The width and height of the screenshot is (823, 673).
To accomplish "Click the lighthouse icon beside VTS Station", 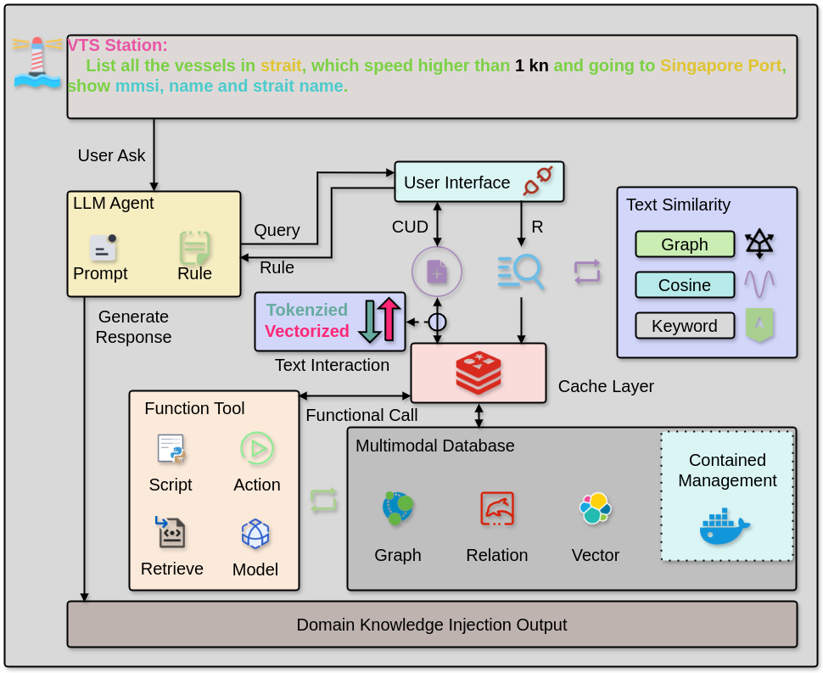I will (x=37, y=63).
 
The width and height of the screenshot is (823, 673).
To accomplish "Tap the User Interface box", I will (x=479, y=182).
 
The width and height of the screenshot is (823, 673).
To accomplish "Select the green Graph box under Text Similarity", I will (x=685, y=244).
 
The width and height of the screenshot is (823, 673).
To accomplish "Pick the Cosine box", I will (x=685, y=285).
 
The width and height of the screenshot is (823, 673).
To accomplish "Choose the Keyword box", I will (x=685, y=326).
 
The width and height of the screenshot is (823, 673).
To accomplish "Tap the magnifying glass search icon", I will (x=521, y=272).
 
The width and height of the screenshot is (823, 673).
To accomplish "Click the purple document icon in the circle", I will (x=437, y=272).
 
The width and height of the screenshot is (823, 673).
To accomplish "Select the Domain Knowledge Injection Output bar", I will (x=432, y=625).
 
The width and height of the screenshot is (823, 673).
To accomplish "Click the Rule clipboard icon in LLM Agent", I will (x=194, y=248).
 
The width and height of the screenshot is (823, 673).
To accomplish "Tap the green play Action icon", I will (x=256, y=448).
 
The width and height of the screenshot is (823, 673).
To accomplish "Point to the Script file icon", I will (x=171, y=448).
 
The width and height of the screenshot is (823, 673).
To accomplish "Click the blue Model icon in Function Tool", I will (x=255, y=534).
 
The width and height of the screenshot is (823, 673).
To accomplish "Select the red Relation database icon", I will (x=497, y=508).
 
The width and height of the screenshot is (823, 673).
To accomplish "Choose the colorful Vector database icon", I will (x=596, y=508).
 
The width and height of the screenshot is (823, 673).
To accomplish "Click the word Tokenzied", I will (x=307, y=310).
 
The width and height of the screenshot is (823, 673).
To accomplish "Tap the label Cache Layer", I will (x=606, y=386).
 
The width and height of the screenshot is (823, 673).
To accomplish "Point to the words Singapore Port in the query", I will (x=723, y=65).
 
